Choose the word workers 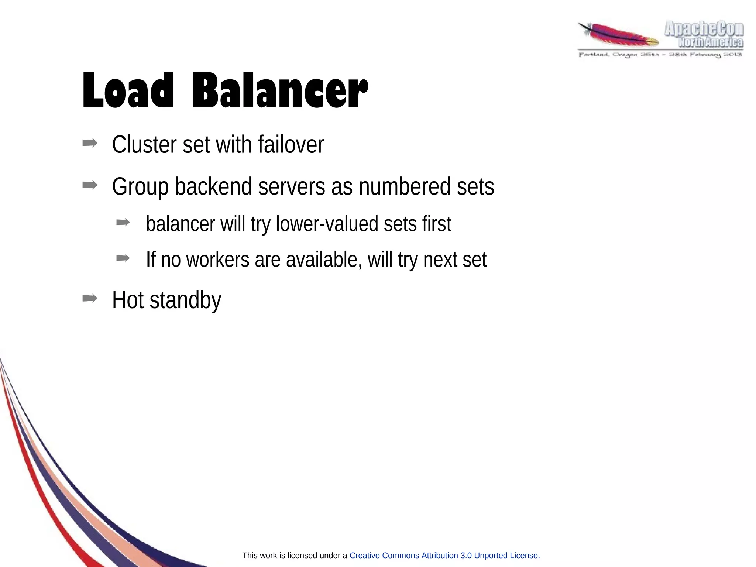(x=218, y=260)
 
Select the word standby (x=185, y=300)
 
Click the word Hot (x=128, y=300)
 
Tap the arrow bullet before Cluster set (x=90, y=143)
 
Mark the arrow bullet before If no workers (x=123, y=258)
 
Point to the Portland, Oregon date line (x=660, y=55)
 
